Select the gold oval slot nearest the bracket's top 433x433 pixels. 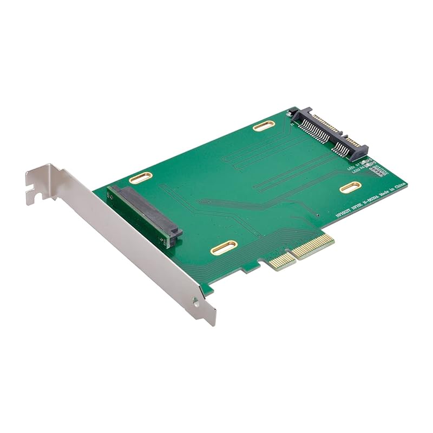point(140,178)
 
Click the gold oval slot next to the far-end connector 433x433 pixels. point(264,126)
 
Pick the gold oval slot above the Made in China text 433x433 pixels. point(350,187)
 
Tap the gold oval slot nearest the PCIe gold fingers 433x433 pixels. point(224,247)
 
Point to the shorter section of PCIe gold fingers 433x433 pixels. point(282,261)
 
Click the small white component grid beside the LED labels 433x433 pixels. point(380,170)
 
